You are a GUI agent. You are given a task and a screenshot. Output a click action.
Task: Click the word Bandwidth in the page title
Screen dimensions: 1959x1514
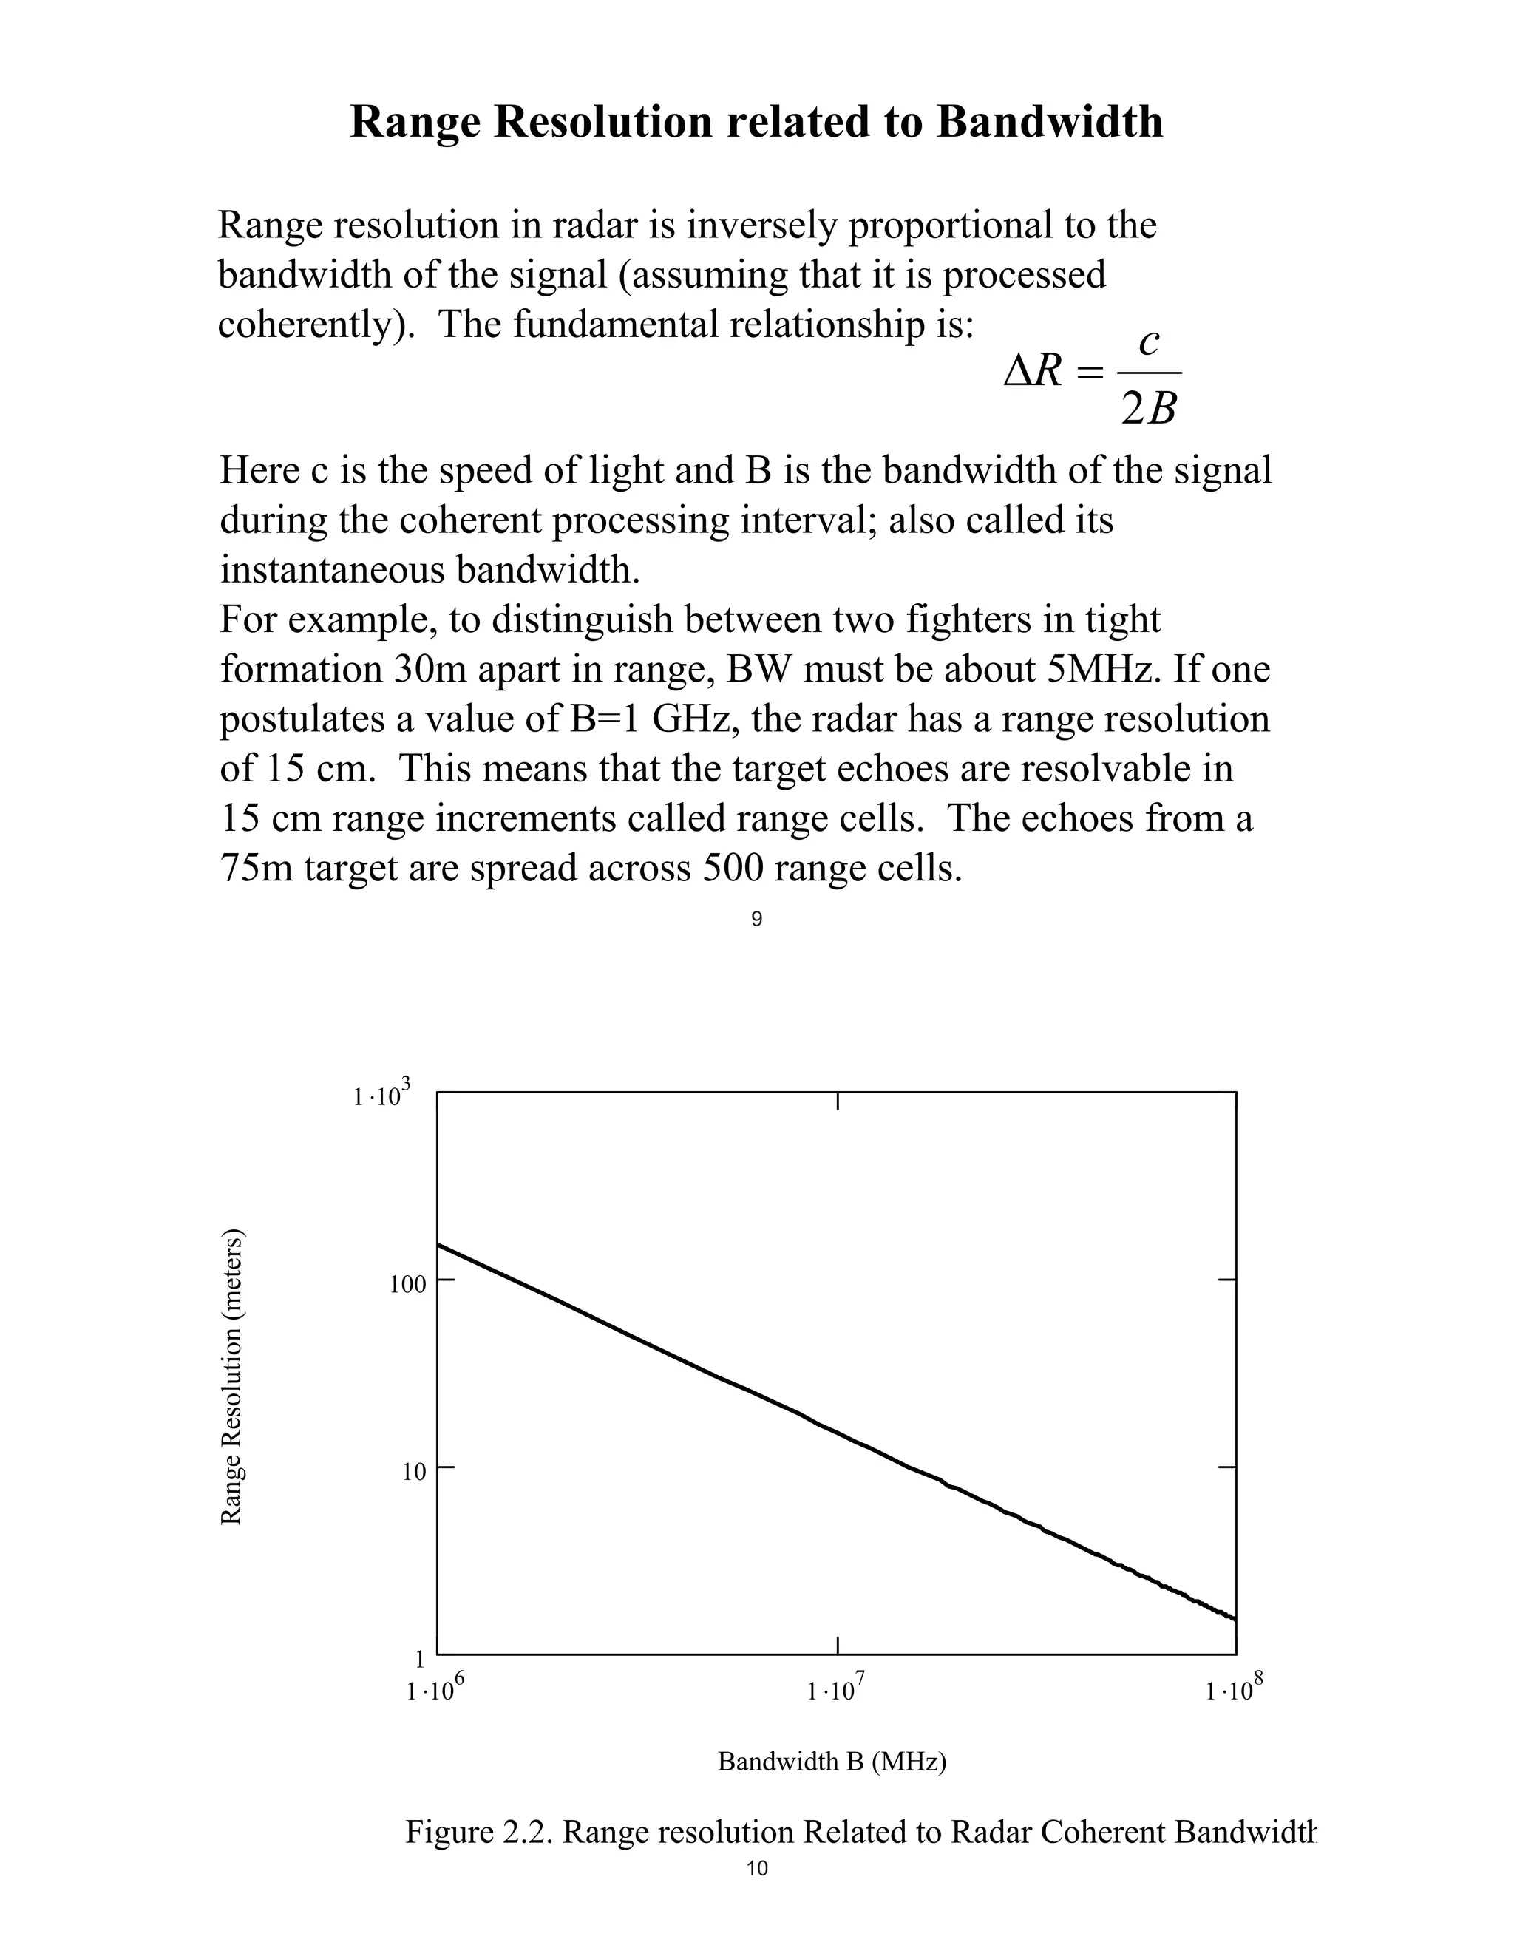(1050, 122)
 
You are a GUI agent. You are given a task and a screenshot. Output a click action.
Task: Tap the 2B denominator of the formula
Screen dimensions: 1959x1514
(1149, 410)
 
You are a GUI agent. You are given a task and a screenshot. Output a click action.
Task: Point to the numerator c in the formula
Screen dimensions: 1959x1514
(1149, 342)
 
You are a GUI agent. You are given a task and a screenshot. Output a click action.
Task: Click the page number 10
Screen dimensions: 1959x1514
(756, 1868)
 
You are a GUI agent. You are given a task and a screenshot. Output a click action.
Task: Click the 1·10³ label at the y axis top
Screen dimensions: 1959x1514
(382, 1096)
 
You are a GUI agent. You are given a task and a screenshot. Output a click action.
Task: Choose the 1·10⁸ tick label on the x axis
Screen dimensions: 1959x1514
(1234, 1690)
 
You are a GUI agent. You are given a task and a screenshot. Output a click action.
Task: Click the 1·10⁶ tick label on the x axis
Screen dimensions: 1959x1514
(435, 1690)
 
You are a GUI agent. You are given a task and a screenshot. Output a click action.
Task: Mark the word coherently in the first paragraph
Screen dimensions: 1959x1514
(316, 325)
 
